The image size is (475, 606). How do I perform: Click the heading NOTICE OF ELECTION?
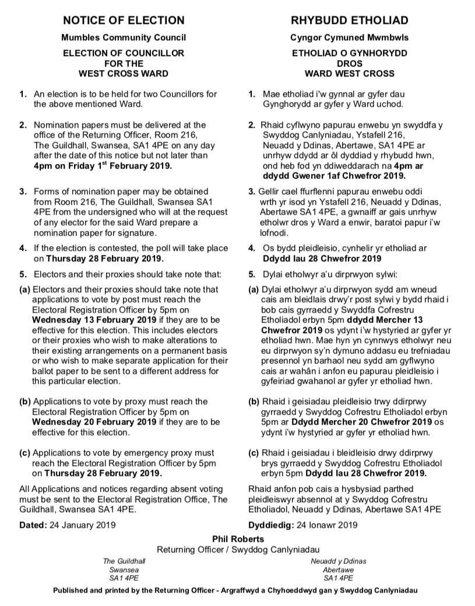click(x=124, y=21)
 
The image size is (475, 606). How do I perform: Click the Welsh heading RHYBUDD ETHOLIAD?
click(x=349, y=21)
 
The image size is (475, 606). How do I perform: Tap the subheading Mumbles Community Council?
click(x=124, y=38)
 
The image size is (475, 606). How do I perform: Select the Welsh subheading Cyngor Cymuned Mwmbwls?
click(x=349, y=38)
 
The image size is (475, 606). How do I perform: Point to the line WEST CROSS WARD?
click(x=124, y=73)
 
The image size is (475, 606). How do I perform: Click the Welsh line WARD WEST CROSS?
click(x=349, y=73)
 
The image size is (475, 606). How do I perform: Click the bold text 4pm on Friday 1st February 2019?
click(x=103, y=166)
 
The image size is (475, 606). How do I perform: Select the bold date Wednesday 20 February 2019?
click(x=94, y=422)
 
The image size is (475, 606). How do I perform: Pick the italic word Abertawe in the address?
click(x=338, y=569)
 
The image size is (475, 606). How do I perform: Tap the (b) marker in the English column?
click(x=25, y=401)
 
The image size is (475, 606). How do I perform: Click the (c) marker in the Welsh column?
click(x=254, y=453)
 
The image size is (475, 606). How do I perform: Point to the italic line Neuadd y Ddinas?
click(x=338, y=561)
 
